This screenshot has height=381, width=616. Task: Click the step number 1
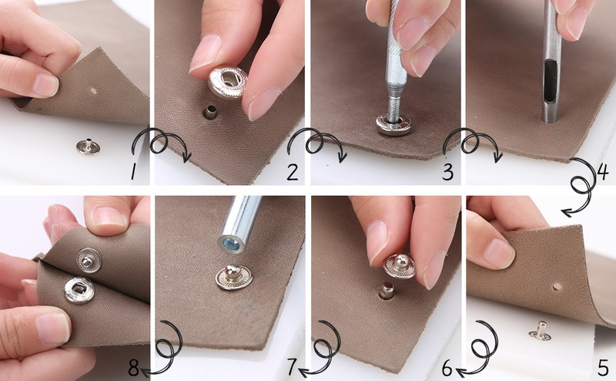[133, 172]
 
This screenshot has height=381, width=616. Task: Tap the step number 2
[292, 172]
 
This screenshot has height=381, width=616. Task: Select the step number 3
[447, 172]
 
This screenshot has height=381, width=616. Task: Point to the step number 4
[604, 172]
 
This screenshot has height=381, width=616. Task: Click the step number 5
[603, 368]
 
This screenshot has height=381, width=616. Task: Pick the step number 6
[447, 368]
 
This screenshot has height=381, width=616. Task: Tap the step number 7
[292, 368]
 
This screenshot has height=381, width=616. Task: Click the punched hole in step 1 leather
[93, 91]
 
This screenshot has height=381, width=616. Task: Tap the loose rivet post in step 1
[88, 146]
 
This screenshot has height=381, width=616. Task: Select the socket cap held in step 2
[228, 82]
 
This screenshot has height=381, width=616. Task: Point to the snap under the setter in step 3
[393, 124]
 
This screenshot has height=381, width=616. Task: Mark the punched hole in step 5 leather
[556, 287]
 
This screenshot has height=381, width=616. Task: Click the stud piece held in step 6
[400, 266]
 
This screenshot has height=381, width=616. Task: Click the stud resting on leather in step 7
[234, 277]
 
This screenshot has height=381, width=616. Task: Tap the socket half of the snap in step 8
[79, 291]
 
